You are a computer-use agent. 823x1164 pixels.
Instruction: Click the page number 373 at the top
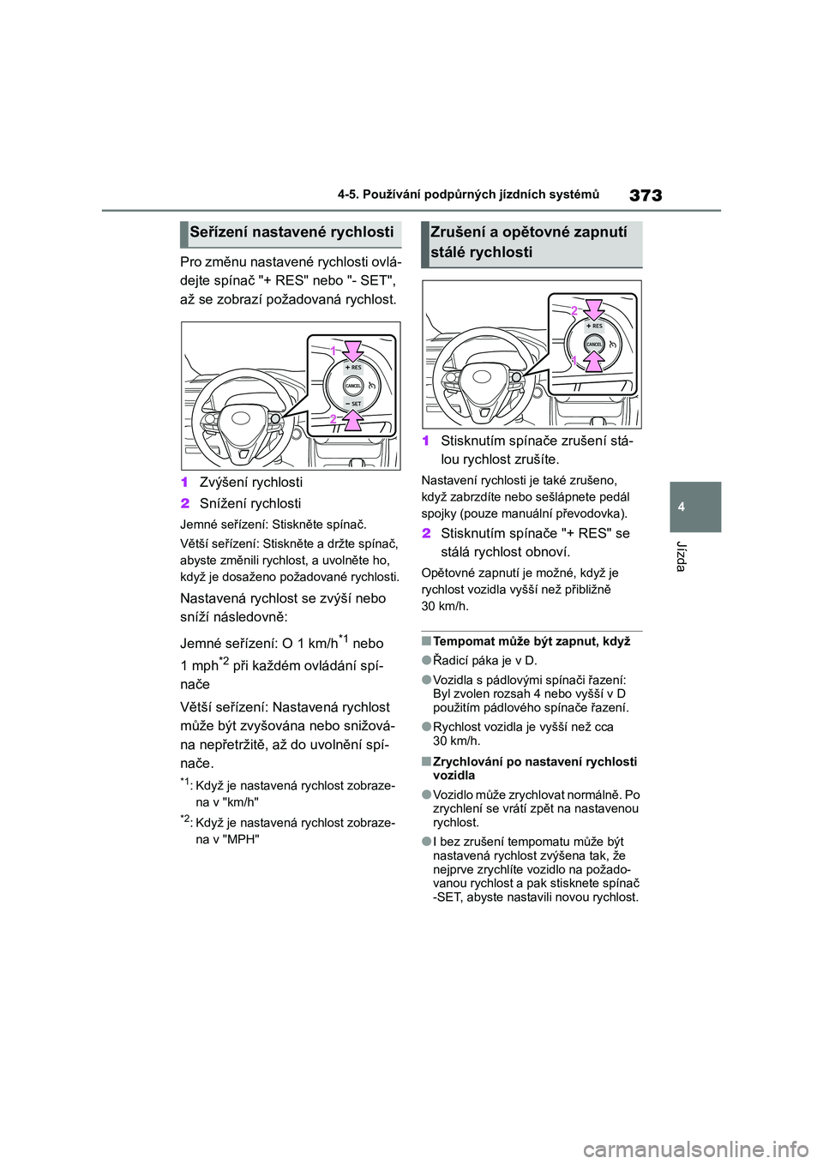tap(645, 195)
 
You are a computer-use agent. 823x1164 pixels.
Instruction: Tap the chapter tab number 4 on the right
tap(682, 507)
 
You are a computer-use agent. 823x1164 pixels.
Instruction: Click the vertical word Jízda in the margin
tap(682, 556)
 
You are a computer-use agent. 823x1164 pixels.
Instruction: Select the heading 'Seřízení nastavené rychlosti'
tap(291, 232)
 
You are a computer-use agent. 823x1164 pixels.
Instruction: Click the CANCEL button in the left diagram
tap(353, 386)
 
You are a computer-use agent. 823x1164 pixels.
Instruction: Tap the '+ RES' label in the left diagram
tap(354, 368)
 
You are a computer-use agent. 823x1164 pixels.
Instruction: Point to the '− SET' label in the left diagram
tap(354, 404)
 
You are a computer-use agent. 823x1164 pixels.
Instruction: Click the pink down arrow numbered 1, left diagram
tap(353, 351)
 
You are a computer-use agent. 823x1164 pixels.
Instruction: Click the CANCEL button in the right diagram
tap(594, 344)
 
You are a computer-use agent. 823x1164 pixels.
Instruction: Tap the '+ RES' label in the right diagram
tap(595, 327)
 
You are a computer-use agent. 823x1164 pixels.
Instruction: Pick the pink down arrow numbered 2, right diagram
tap(594, 309)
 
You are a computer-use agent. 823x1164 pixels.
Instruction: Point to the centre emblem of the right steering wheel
tap(482, 377)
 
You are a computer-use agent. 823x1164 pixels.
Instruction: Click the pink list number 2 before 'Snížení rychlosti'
tap(185, 504)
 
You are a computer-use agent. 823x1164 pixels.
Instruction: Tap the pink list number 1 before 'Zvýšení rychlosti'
tap(185, 483)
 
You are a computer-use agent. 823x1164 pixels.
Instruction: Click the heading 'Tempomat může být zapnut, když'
tap(532, 642)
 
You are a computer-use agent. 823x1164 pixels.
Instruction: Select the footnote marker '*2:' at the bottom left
tap(186, 820)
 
